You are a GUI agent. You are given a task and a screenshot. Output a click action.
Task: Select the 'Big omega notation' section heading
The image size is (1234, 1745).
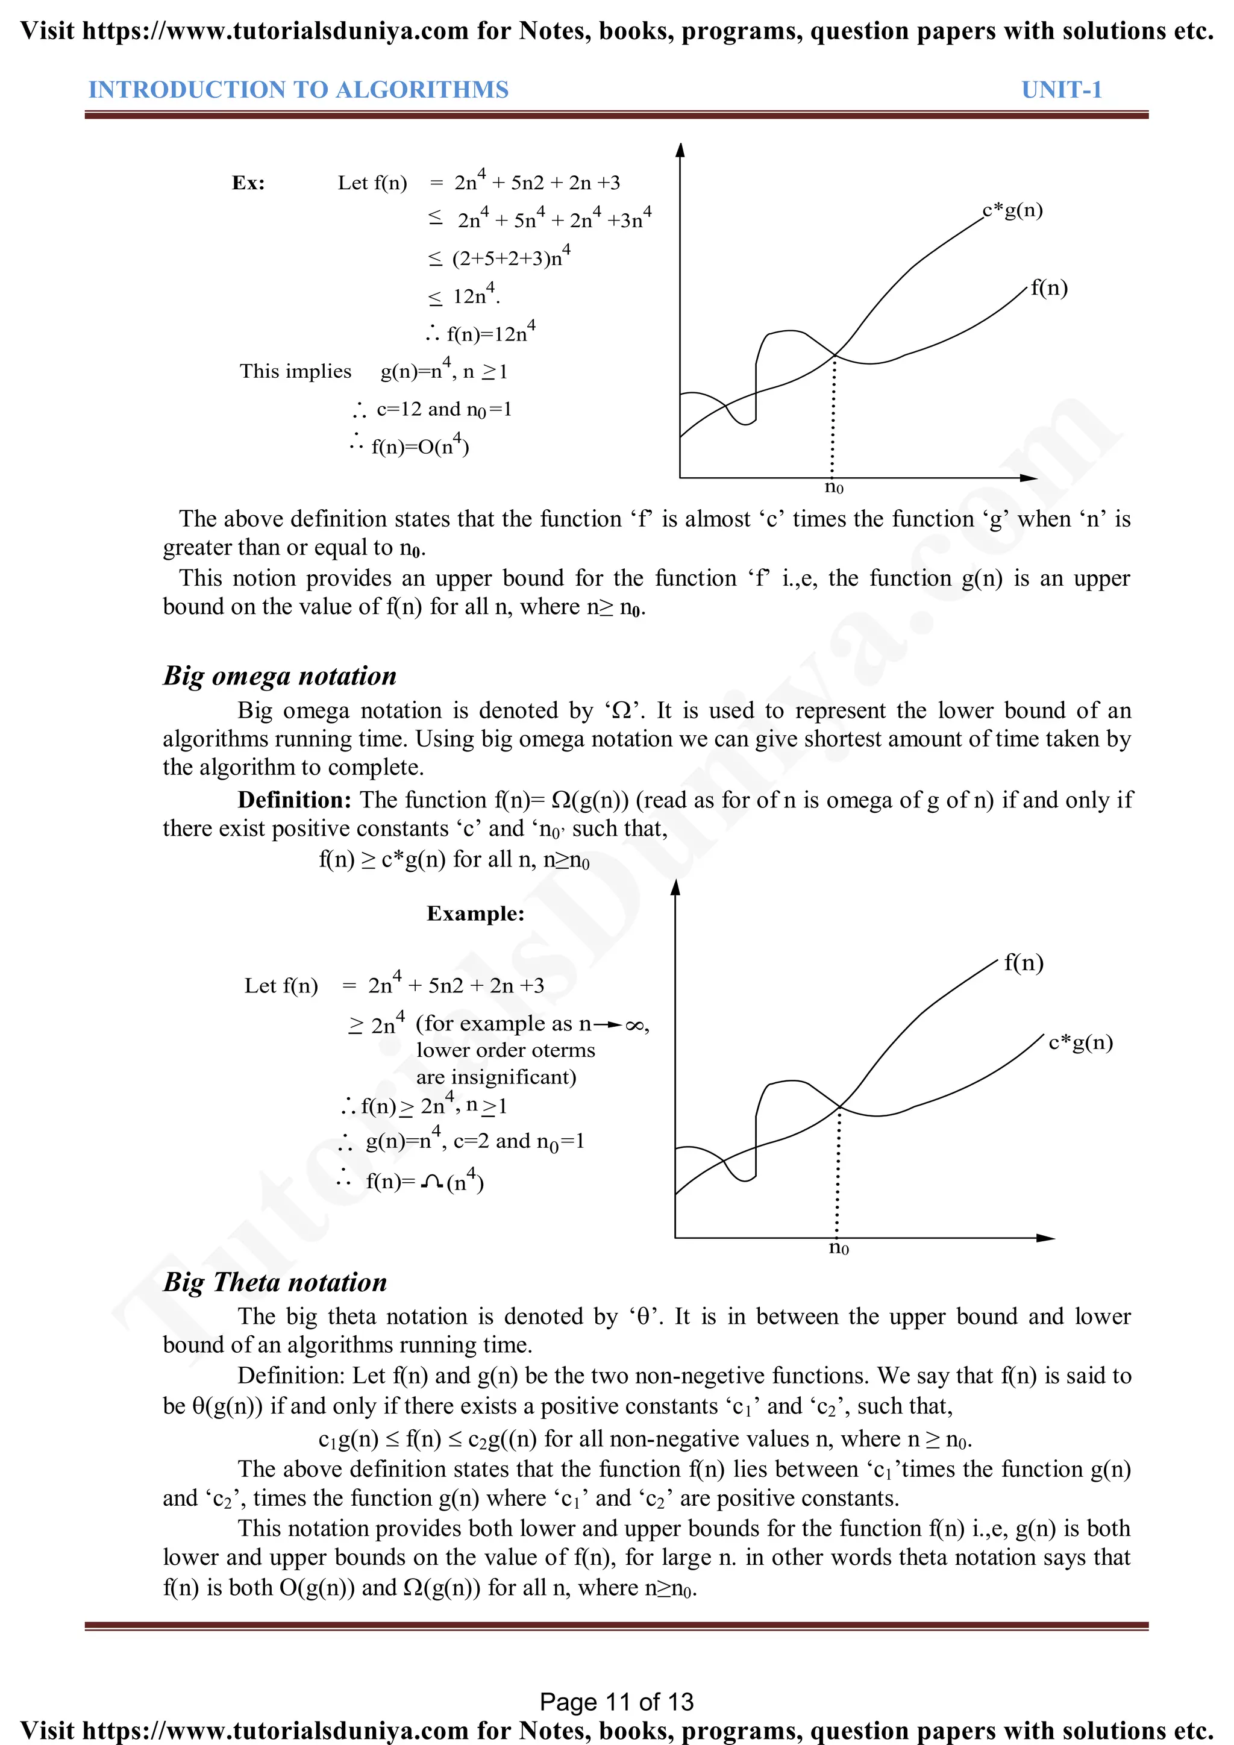click(280, 675)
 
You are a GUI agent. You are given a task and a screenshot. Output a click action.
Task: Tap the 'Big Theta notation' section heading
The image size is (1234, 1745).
click(275, 1282)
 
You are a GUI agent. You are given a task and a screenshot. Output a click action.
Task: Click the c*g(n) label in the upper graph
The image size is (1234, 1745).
click(1012, 210)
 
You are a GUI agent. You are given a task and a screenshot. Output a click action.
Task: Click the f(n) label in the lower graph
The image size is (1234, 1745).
click(1024, 963)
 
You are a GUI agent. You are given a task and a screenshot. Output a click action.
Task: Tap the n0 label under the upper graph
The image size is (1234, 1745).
click(833, 487)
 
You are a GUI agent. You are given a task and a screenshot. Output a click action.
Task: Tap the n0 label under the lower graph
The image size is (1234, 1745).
click(838, 1248)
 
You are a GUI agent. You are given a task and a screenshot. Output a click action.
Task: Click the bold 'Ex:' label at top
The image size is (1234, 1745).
click(248, 183)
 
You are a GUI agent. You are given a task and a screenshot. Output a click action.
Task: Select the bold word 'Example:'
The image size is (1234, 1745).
click(475, 913)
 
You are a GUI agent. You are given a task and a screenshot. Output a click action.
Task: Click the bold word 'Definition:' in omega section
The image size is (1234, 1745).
click(294, 800)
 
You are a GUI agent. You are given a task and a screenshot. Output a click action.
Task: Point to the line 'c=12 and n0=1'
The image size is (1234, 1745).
click(443, 410)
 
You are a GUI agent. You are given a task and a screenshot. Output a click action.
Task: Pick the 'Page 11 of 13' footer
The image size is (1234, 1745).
click(616, 1702)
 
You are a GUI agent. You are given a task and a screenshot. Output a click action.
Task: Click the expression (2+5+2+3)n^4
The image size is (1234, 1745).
click(510, 258)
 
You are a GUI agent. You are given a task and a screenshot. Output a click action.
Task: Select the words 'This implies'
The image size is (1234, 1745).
click(296, 372)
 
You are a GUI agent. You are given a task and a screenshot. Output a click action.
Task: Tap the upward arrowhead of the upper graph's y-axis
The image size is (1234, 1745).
click(680, 149)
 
